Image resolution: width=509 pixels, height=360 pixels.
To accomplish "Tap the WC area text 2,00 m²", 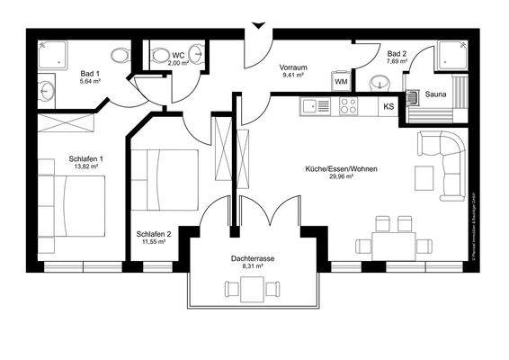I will (x=179, y=64).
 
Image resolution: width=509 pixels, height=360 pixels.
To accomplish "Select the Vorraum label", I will (x=294, y=67).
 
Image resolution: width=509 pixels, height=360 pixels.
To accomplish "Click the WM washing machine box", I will (x=341, y=83).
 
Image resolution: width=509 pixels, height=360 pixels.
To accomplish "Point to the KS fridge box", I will (x=388, y=107).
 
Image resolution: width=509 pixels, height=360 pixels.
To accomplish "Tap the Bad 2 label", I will (x=397, y=54).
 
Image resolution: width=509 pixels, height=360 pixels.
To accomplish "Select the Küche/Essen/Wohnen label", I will (x=341, y=169).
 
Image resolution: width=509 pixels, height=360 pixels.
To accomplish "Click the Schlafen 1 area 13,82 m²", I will (x=86, y=167).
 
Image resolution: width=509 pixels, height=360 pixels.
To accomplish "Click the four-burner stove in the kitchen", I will (x=347, y=105).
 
